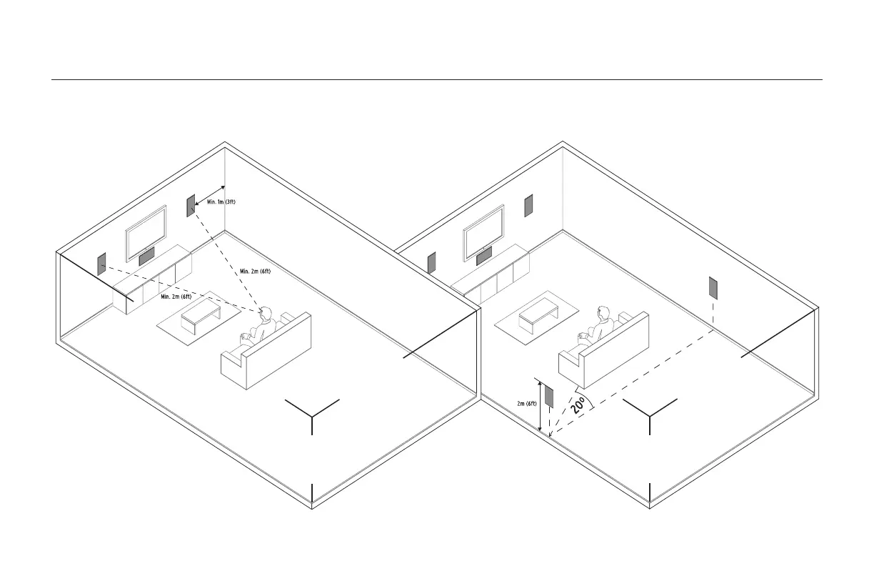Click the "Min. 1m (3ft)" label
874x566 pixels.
click(x=221, y=202)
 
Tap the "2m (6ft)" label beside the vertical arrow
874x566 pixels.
click(x=527, y=404)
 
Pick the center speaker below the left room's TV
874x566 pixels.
click(x=146, y=254)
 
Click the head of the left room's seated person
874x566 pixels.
click(x=266, y=313)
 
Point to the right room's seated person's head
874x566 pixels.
click(x=604, y=313)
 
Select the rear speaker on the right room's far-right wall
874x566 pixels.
click(x=712, y=287)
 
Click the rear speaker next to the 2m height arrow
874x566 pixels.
click(x=550, y=395)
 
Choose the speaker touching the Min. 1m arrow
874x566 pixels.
click(x=191, y=205)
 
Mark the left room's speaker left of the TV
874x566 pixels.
click(x=101, y=263)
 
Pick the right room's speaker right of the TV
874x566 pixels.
click(x=528, y=205)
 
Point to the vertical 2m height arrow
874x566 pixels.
click(x=540, y=407)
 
